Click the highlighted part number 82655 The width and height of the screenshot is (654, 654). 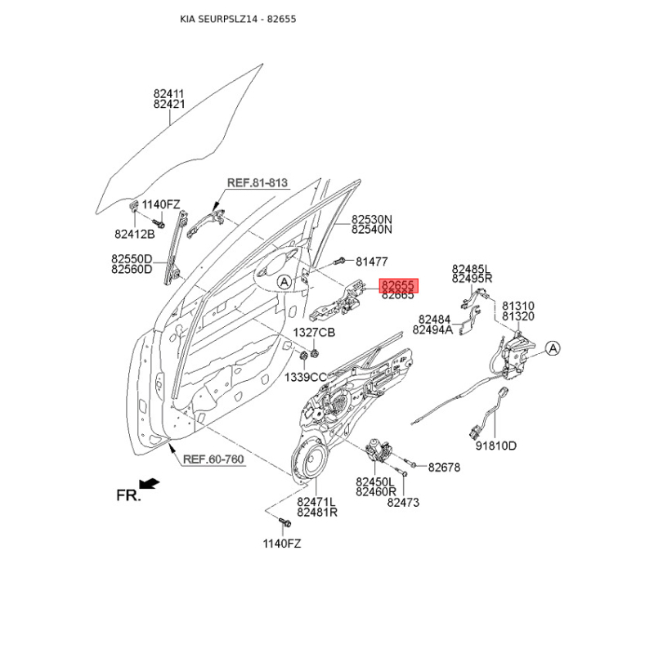click(398, 285)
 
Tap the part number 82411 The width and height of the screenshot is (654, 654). click(169, 94)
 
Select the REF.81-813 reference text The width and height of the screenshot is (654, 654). click(257, 183)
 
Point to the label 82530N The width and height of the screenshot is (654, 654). click(372, 219)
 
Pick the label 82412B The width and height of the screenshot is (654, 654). click(135, 234)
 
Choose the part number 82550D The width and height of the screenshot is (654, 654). click(132, 258)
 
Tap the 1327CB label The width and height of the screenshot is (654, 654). click(315, 332)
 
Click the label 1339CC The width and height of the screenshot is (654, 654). click(305, 377)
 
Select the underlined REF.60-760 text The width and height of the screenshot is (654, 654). click(213, 459)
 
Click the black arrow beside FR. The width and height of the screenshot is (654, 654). click(150, 485)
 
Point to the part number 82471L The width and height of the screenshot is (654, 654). click(317, 502)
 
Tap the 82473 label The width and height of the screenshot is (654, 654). click(403, 503)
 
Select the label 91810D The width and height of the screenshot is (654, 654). click(496, 446)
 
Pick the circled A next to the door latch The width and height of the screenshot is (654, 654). click(553, 349)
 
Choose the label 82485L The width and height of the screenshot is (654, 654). click(472, 268)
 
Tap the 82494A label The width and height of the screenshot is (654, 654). click(432, 330)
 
